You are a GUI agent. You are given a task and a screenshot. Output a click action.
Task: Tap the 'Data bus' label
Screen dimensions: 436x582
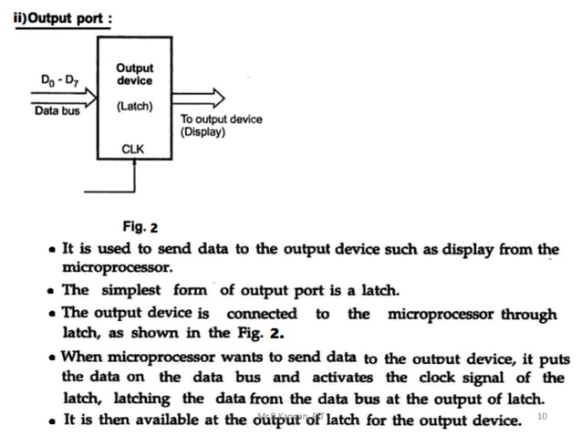[57, 112]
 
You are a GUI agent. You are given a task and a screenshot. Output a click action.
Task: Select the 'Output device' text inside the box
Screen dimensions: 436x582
[134, 74]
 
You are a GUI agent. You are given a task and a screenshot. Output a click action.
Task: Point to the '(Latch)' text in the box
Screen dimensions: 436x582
[134, 107]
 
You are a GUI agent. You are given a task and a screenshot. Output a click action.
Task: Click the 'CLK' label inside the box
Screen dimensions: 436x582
[134, 148]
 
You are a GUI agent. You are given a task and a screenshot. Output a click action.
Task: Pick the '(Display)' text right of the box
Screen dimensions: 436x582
[203, 132]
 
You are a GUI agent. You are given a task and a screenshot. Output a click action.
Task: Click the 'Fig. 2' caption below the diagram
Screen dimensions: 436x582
[140, 226]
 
